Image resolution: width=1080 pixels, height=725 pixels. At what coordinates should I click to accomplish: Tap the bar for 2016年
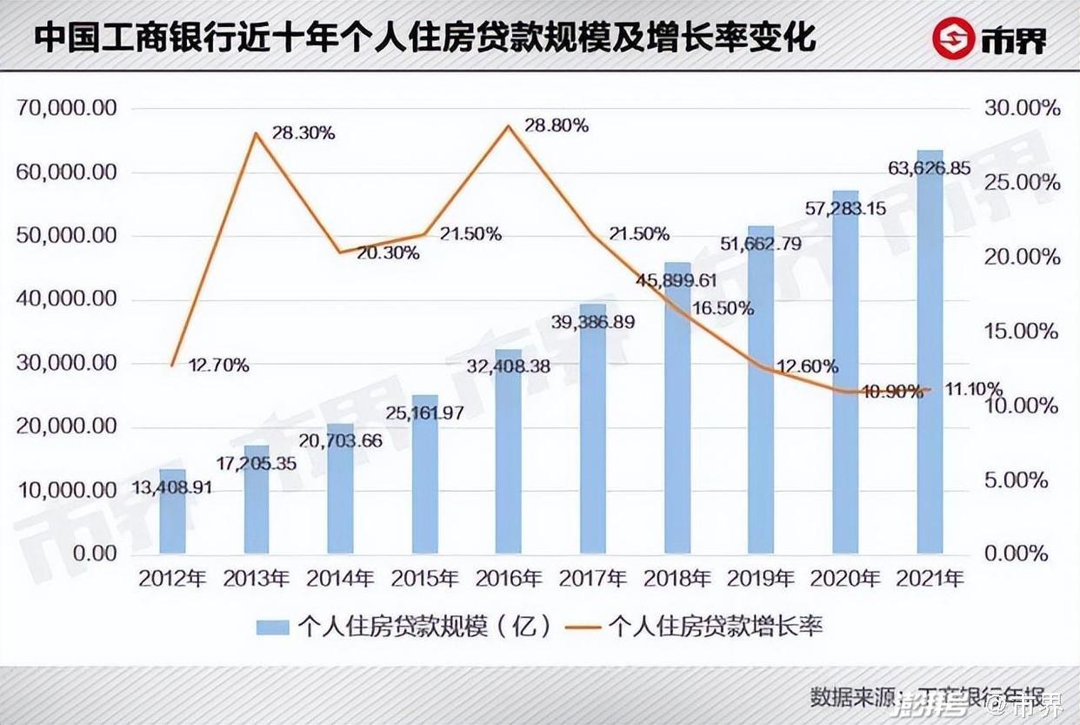[509, 452]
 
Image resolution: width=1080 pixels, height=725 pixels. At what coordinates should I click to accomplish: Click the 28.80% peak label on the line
[557, 125]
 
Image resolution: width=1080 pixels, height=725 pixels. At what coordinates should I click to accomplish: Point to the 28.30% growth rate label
[303, 133]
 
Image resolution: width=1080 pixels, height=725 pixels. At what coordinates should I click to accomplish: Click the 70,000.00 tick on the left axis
[66, 109]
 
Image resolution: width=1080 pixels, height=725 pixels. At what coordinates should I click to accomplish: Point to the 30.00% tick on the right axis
[1021, 109]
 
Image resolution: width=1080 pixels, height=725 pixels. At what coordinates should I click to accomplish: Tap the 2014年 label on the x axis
[341, 579]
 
